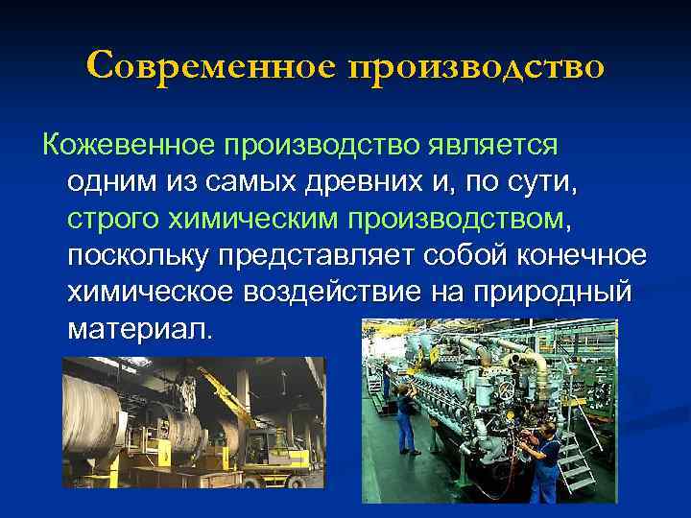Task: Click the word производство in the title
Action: [x=478, y=66]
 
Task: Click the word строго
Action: [x=113, y=220]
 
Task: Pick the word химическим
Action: [x=255, y=220]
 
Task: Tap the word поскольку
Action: [x=138, y=257]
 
